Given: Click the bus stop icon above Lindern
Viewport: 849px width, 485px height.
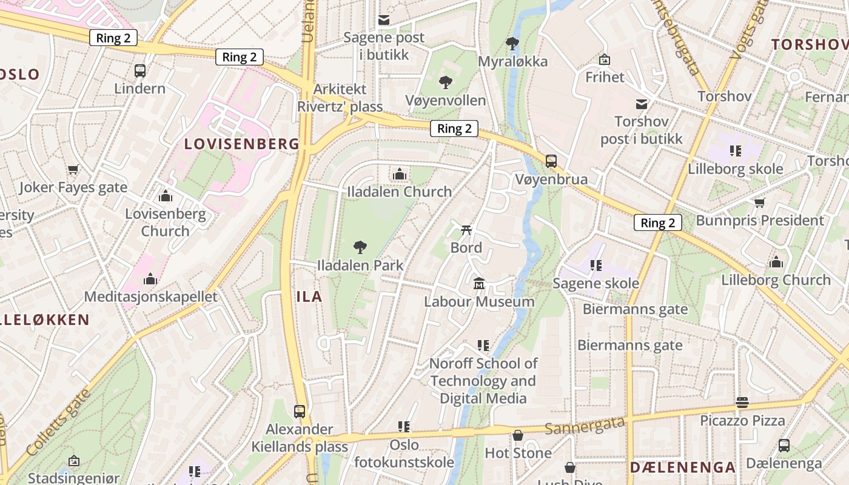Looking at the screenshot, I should [x=140, y=70].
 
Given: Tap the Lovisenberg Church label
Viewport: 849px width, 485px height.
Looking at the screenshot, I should [x=166, y=222].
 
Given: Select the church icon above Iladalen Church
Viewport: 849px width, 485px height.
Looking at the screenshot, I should [x=399, y=175].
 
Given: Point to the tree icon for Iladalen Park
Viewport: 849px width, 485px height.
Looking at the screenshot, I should [x=360, y=247].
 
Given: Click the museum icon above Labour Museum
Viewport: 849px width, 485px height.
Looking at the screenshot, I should [x=479, y=283].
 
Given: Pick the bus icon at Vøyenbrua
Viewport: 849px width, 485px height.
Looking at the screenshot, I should [x=551, y=161].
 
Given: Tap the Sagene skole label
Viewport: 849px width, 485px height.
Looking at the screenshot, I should [x=596, y=283].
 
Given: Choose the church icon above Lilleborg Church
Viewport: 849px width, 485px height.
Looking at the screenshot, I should [x=776, y=262].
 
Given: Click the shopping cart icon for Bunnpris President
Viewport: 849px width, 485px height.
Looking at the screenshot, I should [x=759, y=202].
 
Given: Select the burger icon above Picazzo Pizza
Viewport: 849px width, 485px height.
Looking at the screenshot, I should [x=742, y=402].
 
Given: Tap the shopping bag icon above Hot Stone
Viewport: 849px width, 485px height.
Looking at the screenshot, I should [x=518, y=435].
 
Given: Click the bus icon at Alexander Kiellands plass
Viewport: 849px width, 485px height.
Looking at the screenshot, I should [x=300, y=411].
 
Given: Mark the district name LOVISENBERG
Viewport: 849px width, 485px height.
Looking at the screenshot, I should [x=241, y=144].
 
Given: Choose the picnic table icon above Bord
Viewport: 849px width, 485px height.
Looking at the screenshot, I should [x=466, y=229].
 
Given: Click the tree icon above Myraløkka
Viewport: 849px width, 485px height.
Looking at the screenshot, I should [x=512, y=43].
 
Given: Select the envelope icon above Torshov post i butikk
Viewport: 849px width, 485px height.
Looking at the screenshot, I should [x=641, y=104].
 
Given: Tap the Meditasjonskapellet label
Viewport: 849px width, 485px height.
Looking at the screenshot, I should [x=150, y=297].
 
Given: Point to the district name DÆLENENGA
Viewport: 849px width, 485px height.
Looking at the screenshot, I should [x=682, y=467].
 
